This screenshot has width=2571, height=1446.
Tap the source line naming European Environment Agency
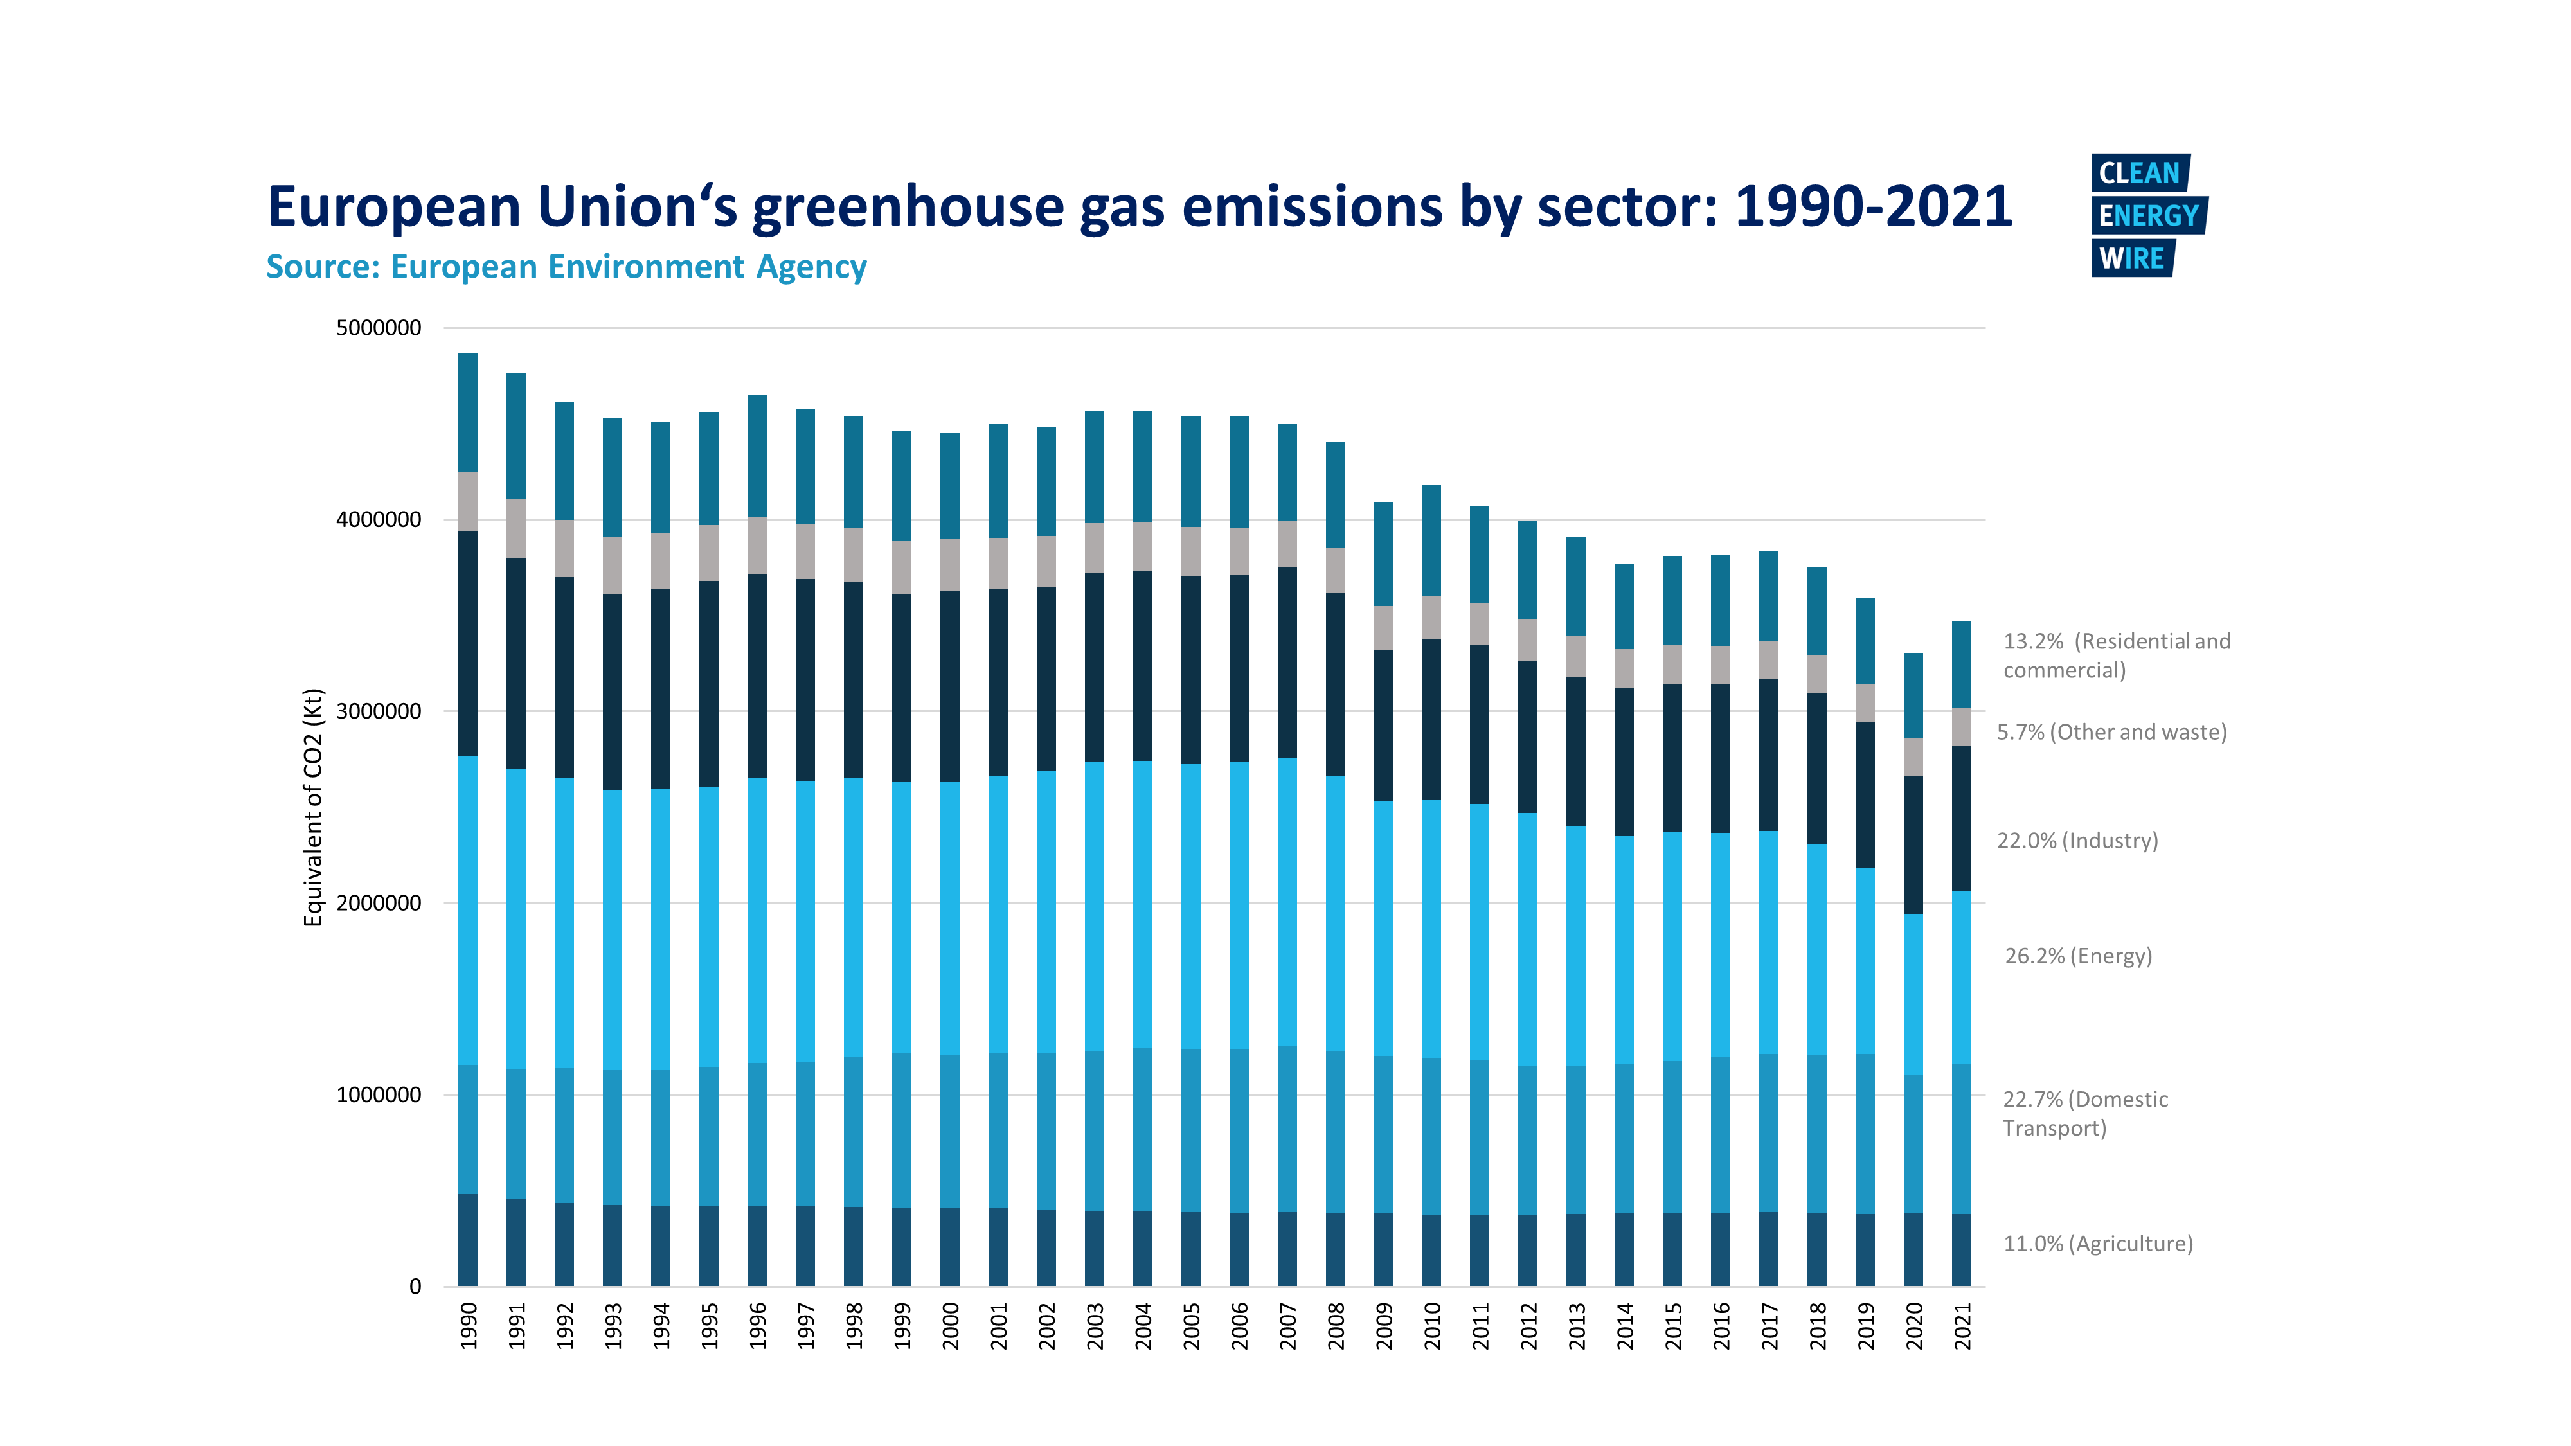tap(566, 267)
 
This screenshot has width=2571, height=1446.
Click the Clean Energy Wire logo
tap(2148, 215)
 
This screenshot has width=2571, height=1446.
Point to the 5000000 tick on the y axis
tap(379, 328)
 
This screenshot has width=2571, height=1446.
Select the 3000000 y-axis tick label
tap(379, 711)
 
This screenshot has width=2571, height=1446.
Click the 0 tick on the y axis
tap(415, 1287)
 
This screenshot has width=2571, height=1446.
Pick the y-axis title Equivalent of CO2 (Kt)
tap(314, 807)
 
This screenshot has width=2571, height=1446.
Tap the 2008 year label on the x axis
tap(1336, 1325)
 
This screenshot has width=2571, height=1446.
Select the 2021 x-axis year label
tap(1962, 1325)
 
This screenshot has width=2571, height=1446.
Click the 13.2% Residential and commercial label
tap(2116, 656)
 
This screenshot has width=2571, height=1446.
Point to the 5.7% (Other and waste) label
tap(2111, 733)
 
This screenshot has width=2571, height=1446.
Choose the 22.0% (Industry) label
tap(2077, 841)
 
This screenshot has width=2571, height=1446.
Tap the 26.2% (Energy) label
tap(2078, 956)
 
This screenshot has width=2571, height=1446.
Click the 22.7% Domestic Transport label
tap(2085, 1114)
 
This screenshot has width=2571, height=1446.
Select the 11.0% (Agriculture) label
tap(2098, 1244)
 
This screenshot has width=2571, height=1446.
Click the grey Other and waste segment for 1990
tap(468, 502)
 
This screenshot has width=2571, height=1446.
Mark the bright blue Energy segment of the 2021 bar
tap(1961, 978)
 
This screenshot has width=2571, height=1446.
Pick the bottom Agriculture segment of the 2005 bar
tap(1190, 1249)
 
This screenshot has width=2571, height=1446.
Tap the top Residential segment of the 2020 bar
tap(1913, 695)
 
